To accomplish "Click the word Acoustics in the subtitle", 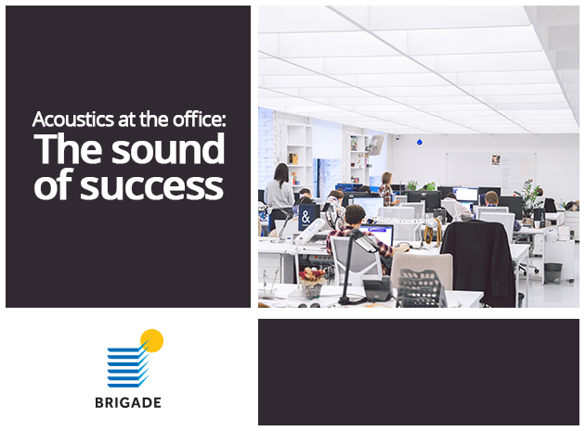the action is (73, 120).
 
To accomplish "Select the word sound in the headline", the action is (168, 148).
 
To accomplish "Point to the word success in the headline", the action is (152, 185).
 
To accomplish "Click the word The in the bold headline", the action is (68, 148).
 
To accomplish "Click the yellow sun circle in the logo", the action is (152, 340).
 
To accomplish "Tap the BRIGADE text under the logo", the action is (128, 402).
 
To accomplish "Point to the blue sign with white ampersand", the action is (307, 217).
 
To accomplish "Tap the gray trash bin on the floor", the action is (552, 273).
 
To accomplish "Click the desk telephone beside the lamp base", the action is (378, 290).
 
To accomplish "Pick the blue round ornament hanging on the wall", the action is (420, 142).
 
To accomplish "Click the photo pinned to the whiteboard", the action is (496, 159).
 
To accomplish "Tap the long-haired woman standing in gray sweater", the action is (279, 195).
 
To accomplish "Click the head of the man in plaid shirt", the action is (355, 215).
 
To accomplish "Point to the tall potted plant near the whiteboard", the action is (530, 199).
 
